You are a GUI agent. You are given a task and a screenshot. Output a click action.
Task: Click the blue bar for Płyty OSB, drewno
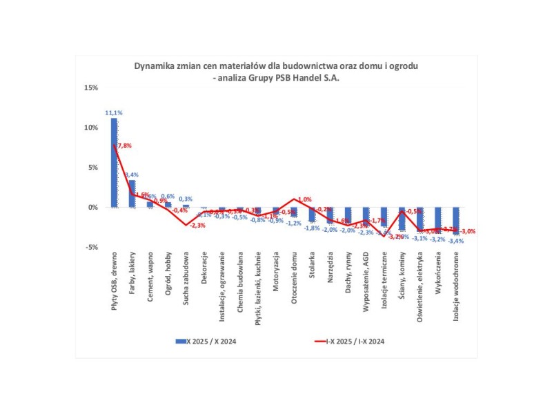(x=114, y=163)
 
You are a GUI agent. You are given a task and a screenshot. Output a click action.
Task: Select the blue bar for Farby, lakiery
(x=132, y=194)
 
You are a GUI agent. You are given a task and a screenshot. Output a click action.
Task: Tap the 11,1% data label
(x=114, y=112)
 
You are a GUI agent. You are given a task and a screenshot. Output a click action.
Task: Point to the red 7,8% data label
(x=124, y=146)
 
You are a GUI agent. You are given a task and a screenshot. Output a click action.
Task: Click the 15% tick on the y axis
(x=91, y=88)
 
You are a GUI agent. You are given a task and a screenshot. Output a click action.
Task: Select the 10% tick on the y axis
(x=91, y=128)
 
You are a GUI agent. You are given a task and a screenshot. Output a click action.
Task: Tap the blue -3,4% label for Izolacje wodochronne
(x=455, y=241)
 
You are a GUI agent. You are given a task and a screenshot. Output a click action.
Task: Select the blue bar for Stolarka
(x=312, y=215)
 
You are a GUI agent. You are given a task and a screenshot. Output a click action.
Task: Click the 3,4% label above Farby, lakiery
(x=132, y=175)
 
